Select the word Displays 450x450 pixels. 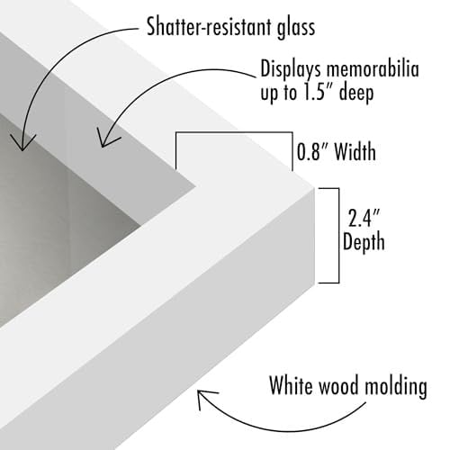pyautogui.click(x=291, y=70)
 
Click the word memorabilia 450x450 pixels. pyautogui.click(x=373, y=68)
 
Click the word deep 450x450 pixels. pyautogui.click(x=356, y=93)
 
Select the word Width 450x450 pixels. pyautogui.click(x=355, y=151)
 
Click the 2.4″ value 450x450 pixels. pyautogui.click(x=364, y=218)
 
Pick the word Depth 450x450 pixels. pyautogui.click(x=364, y=241)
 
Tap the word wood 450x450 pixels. pyautogui.click(x=338, y=386)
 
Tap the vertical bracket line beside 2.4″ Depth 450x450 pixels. pyautogui.click(x=339, y=236)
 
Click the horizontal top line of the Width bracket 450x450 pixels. pyautogui.click(x=234, y=132)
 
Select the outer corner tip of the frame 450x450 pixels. pyautogui.click(x=314, y=188)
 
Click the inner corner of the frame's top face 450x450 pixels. pyautogui.click(x=196, y=186)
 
